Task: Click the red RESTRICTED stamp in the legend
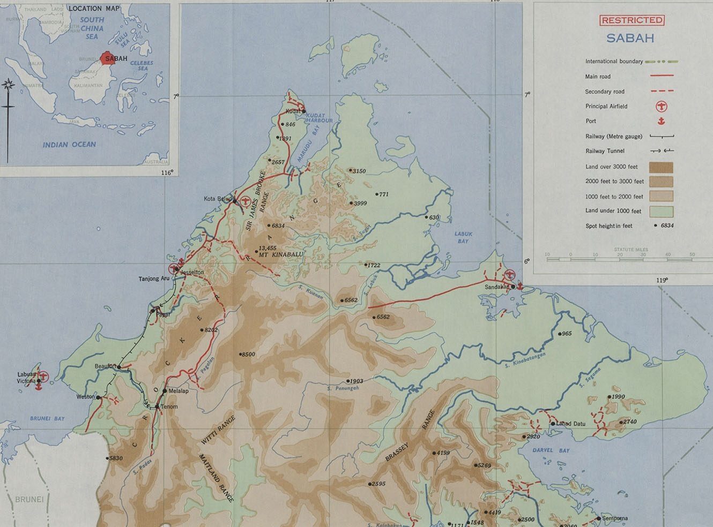coord(632,20)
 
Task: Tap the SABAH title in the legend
coord(630,39)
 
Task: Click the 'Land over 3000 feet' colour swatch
coord(661,167)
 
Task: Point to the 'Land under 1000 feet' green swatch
coord(661,211)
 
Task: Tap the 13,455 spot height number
coord(268,248)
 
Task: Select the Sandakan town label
coord(496,287)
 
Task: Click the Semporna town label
coord(615,518)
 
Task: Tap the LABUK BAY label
coord(463,237)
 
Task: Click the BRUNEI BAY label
coord(47,419)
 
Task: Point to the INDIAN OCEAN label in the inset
coord(69,145)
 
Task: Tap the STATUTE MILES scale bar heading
coord(630,250)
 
